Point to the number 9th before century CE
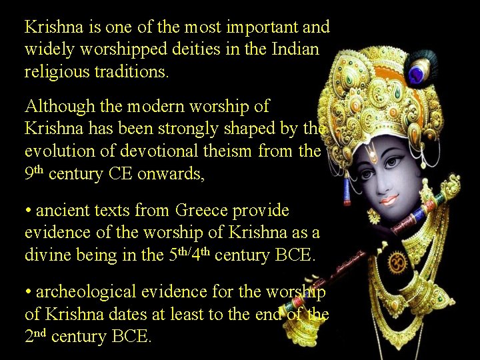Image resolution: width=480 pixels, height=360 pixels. coord(34,173)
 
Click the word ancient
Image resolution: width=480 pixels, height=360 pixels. coord(61,211)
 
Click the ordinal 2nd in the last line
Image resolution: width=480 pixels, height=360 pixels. coord(35,335)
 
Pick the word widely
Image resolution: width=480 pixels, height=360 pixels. coord(45,49)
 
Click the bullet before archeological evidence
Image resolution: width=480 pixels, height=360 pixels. coord(28,292)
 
